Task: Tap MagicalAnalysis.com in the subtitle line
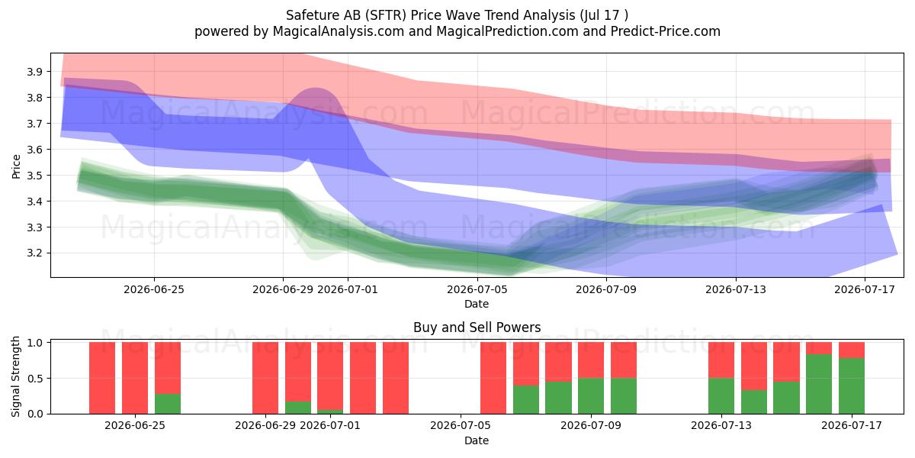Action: [339, 31]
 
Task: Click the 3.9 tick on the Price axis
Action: [34, 72]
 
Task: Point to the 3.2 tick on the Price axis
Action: [34, 253]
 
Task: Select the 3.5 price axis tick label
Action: [34, 176]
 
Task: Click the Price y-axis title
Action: [16, 166]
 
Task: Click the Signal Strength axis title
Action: [15, 376]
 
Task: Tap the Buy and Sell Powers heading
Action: [477, 327]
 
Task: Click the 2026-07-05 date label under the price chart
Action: [477, 289]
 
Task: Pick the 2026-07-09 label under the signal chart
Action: [591, 425]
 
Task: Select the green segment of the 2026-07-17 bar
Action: [852, 386]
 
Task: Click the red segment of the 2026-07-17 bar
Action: [852, 350]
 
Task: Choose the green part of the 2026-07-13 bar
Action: [721, 396]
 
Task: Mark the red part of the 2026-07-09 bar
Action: [591, 360]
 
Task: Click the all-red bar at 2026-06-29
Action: [265, 378]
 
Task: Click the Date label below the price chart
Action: [477, 304]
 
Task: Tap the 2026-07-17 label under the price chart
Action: [865, 289]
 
